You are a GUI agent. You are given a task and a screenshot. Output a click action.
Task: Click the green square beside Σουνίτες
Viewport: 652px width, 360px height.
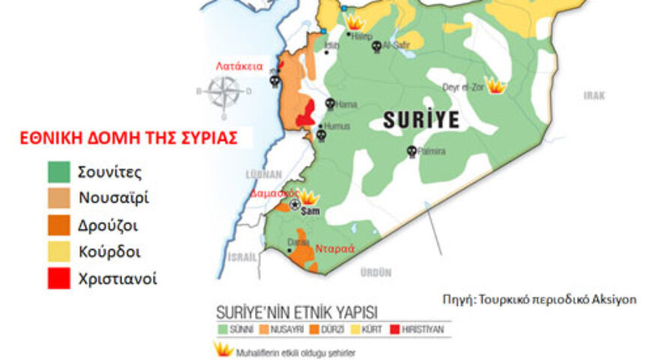point(59,172)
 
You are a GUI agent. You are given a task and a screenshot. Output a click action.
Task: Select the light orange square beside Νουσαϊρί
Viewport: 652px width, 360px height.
point(59,199)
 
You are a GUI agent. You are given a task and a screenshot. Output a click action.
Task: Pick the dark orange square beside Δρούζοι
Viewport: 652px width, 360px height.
point(59,226)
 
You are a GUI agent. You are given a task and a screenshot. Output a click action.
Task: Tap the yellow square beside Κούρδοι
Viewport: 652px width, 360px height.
point(59,252)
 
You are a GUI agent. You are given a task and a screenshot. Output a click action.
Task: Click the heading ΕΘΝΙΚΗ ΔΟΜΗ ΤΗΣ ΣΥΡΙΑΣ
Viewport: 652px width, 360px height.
point(129,138)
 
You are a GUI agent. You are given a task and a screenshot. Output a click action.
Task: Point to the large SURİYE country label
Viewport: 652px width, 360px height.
point(420,119)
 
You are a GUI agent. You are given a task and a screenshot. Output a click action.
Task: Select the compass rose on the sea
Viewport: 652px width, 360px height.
point(224,92)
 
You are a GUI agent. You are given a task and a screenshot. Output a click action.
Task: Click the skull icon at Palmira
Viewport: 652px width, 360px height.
point(411,151)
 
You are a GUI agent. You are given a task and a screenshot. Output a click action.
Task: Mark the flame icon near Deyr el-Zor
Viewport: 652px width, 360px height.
point(495,85)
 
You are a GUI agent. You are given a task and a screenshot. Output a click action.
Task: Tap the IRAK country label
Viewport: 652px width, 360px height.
point(594,95)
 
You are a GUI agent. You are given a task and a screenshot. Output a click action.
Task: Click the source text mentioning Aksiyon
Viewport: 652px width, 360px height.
point(540,299)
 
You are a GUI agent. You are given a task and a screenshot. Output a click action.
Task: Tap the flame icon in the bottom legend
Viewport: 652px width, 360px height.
point(223,349)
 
